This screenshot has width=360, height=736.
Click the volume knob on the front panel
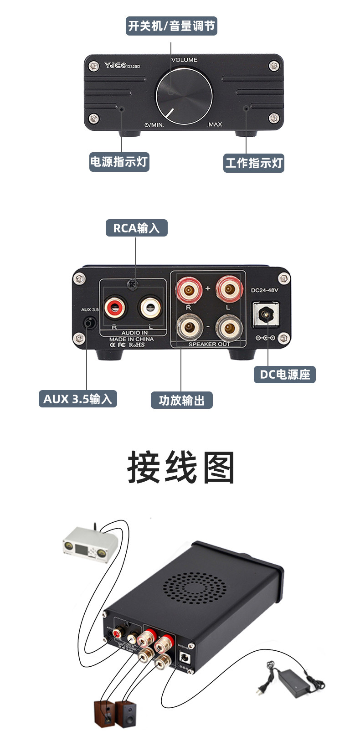click(184, 97)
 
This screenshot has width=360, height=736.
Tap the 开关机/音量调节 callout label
click(171, 26)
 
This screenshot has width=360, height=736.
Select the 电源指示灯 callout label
click(119, 162)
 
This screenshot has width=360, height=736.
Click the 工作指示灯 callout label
click(254, 163)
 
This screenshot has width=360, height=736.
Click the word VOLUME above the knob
click(184, 60)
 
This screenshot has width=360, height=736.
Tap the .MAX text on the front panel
click(214, 124)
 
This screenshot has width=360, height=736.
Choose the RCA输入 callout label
click(137, 228)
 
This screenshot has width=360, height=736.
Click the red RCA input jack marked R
click(115, 308)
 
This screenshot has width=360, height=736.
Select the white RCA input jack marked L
click(150, 308)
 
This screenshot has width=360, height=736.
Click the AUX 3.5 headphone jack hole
click(90, 323)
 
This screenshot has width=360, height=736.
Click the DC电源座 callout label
click(285, 375)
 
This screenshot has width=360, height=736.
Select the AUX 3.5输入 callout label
click(78, 399)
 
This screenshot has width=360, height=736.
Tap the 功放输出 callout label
click(182, 400)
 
